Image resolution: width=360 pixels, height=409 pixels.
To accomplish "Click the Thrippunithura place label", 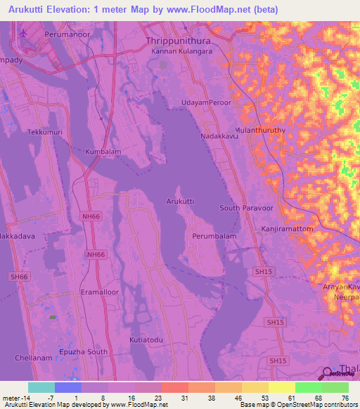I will coord(179,41).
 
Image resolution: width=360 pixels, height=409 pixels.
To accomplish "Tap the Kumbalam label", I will coord(103,151).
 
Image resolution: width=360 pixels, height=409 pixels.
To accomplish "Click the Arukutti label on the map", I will coord(180,201).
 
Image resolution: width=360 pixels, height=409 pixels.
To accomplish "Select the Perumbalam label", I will coord(214,237).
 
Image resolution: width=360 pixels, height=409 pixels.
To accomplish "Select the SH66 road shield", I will coord(19,277).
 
